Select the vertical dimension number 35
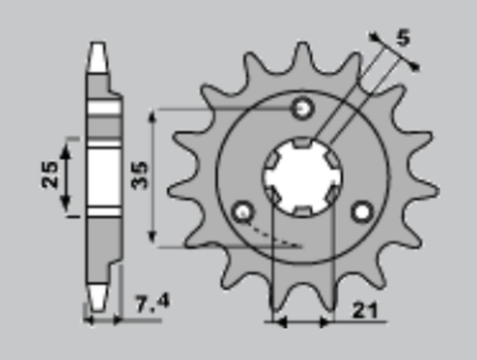tap(139, 176)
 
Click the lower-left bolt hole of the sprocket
tap(241, 210)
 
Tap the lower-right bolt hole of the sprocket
tap(362, 210)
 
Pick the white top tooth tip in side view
tap(97, 58)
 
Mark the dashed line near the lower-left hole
tap(272, 235)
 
